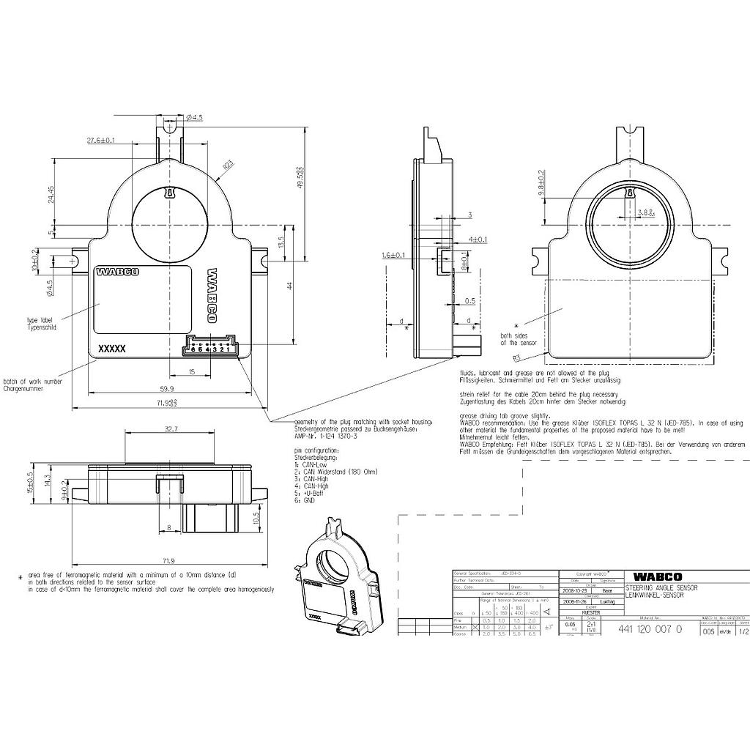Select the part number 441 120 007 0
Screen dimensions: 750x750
650,629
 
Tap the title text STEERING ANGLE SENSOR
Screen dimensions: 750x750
661,588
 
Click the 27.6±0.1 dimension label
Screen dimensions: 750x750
101,140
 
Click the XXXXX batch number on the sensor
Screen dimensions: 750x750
111,349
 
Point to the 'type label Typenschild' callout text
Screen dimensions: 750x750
42,324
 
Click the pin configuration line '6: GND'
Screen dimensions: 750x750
305,500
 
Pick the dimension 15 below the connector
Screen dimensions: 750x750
191,372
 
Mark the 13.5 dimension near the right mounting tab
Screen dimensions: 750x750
281,242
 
